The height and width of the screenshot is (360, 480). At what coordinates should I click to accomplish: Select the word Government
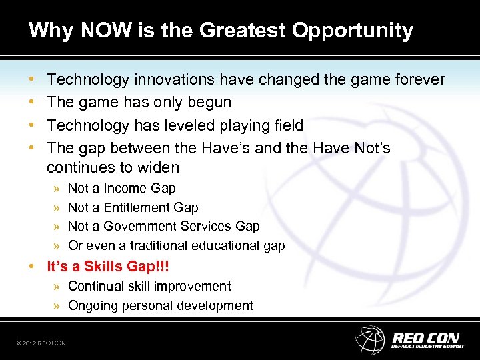156,227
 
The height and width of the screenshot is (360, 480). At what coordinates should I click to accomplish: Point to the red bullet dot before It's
32,267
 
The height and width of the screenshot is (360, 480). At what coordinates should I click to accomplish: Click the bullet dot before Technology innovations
32,80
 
